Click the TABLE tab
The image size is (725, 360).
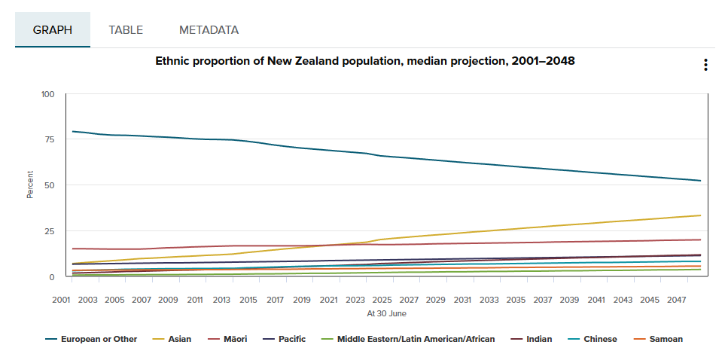pos(126,30)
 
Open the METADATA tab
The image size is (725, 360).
pos(209,30)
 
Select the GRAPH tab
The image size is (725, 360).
pos(53,30)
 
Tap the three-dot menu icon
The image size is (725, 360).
pos(705,65)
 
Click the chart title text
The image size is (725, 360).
pos(364,61)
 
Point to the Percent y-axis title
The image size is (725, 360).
pos(30,185)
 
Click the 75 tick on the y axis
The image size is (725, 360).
pos(49,140)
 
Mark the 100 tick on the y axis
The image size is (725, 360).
pos(47,94)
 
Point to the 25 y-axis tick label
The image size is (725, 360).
pos(49,231)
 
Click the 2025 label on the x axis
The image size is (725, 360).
pos(382,300)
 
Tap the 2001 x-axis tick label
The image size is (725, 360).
pos(62,300)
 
